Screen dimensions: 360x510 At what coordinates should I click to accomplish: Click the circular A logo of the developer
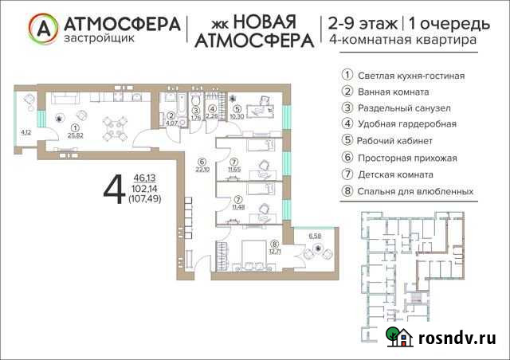tap(42, 29)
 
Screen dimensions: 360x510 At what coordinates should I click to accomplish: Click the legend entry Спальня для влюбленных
tap(415, 191)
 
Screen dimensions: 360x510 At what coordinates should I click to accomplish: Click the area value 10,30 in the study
tap(236, 117)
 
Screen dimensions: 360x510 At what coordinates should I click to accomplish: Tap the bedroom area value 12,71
tap(276, 252)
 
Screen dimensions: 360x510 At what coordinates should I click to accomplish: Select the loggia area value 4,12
tap(25, 132)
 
